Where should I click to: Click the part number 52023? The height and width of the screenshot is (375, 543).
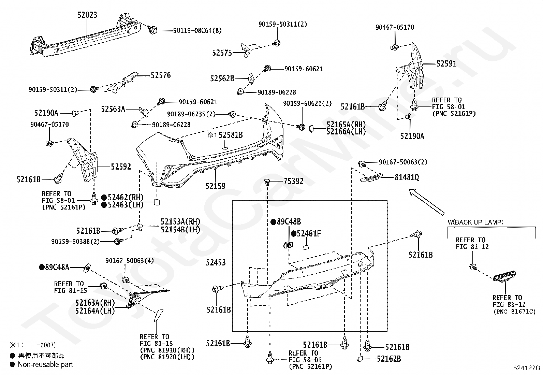point(87,15)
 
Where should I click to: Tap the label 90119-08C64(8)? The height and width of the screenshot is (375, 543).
point(197,31)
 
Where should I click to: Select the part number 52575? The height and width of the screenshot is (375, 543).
point(222,53)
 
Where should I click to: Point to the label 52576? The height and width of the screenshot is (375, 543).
point(161,75)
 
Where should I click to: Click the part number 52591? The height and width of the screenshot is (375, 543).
point(446,64)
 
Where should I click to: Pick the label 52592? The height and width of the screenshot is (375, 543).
point(121,167)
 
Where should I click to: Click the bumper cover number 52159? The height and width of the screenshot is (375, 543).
point(216,186)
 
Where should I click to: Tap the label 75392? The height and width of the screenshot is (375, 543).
point(294,181)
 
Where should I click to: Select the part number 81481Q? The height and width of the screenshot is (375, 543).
point(407,177)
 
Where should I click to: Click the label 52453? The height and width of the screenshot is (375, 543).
point(216,262)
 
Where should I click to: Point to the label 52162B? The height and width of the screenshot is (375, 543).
point(389,359)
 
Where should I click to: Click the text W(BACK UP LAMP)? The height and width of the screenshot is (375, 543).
point(475,222)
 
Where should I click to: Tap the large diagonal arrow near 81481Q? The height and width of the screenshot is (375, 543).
point(427,202)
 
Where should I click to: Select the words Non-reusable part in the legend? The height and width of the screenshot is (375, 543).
point(45,364)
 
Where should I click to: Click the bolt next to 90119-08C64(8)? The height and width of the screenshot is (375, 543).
point(152,30)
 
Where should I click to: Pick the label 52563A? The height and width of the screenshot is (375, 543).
point(113,109)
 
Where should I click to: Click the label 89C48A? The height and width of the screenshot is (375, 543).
point(57,267)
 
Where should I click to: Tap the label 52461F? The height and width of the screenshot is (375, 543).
point(309,234)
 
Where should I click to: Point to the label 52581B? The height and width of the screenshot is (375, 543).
point(231,135)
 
